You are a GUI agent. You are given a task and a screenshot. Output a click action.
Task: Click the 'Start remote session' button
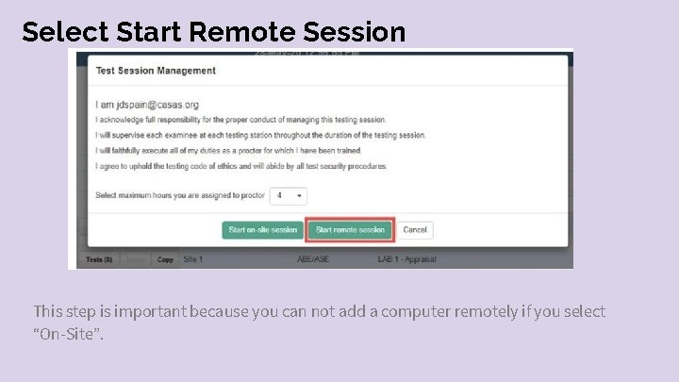pyautogui.click(x=350, y=229)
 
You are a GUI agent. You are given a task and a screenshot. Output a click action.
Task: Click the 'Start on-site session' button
pyautogui.click(x=263, y=229)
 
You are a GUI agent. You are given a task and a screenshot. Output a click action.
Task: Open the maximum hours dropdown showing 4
pyautogui.click(x=288, y=195)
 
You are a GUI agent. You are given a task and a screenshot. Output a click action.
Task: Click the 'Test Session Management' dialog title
pyautogui.click(x=156, y=71)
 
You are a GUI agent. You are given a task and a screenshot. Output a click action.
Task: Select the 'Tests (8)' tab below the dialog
pyautogui.click(x=99, y=259)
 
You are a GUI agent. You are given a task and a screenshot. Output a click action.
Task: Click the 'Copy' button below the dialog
pyautogui.click(x=165, y=259)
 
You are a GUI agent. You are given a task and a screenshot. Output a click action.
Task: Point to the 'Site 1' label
pyautogui.click(x=193, y=259)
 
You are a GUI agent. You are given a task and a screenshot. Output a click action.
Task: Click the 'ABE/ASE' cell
pyautogui.click(x=312, y=259)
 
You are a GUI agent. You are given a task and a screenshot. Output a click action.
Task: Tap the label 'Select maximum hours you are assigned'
pyautogui.click(x=179, y=195)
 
